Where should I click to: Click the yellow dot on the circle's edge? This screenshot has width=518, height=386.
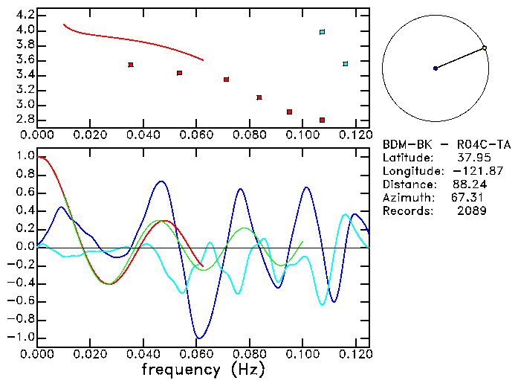pos(485,48)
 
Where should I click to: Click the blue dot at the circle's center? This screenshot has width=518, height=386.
pos(436,68)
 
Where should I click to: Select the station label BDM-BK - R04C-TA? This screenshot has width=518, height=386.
pos(446,144)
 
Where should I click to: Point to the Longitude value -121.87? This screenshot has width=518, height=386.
pos(466,171)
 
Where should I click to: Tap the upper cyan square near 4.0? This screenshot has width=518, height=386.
pos(322,32)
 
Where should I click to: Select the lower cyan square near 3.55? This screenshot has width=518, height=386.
pos(346,64)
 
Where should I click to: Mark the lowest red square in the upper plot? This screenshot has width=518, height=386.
pos(322,120)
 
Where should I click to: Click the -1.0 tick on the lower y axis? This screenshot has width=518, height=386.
pos(22,337)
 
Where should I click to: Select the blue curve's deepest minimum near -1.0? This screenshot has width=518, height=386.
pos(198,337)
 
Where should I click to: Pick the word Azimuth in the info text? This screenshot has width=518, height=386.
pos(405,198)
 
